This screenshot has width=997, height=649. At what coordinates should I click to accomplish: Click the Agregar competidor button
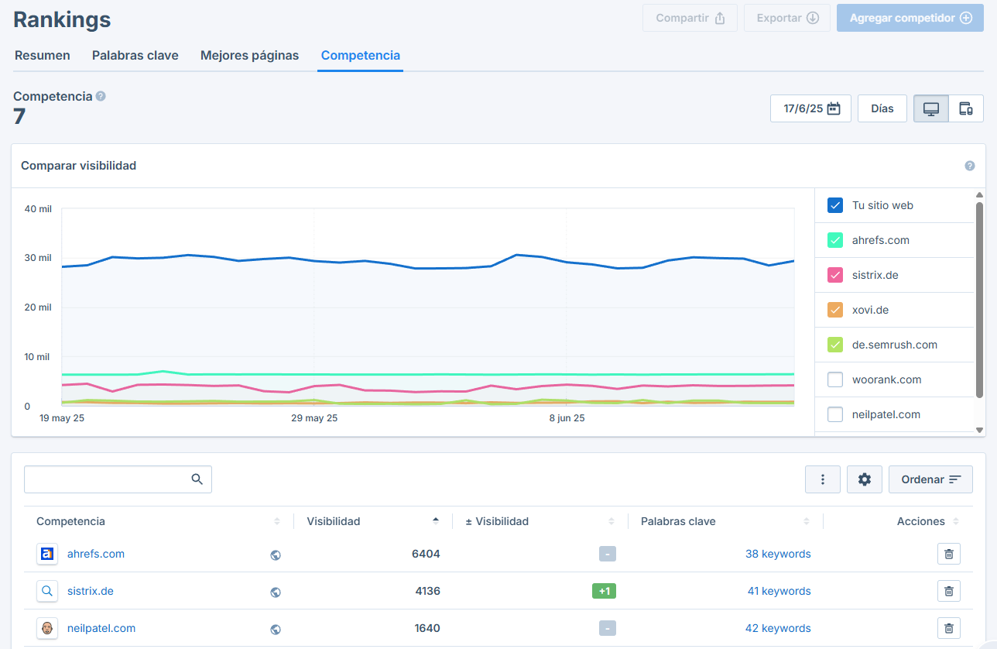[x=910, y=18]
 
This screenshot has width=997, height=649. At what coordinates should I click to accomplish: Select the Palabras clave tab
[x=135, y=55]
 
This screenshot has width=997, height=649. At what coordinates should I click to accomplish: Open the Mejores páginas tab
[x=249, y=55]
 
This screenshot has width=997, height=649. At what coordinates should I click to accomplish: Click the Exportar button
[x=787, y=18]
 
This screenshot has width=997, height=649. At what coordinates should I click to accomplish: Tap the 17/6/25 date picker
[x=810, y=108]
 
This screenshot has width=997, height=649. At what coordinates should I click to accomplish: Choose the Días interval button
[x=882, y=108]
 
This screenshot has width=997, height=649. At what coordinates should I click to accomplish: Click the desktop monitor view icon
[x=931, y=108]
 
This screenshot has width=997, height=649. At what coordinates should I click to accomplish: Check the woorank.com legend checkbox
[x=835, y=379]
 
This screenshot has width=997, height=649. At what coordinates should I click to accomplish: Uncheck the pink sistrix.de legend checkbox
[x=835, y=275]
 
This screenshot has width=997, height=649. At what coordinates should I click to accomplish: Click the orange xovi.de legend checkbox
[x=835, y=310]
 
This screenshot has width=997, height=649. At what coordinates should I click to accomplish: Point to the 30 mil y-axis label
[x=38, y=258]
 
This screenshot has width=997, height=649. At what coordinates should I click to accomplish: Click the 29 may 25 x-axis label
[x=314, y=417]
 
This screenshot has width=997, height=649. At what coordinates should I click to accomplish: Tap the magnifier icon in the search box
[x=197, y=479]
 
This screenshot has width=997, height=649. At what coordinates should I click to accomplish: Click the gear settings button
[x=865, y=479]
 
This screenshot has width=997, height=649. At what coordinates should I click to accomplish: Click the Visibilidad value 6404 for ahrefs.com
[x=426, y=554]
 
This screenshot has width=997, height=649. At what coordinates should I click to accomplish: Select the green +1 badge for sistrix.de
[x=604, y=591]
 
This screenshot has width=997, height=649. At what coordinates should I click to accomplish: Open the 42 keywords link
[x=778, y=628]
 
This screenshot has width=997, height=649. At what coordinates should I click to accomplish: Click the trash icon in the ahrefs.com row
[x=949, y=554]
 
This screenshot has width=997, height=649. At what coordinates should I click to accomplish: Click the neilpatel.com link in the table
[x=101, y=628]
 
